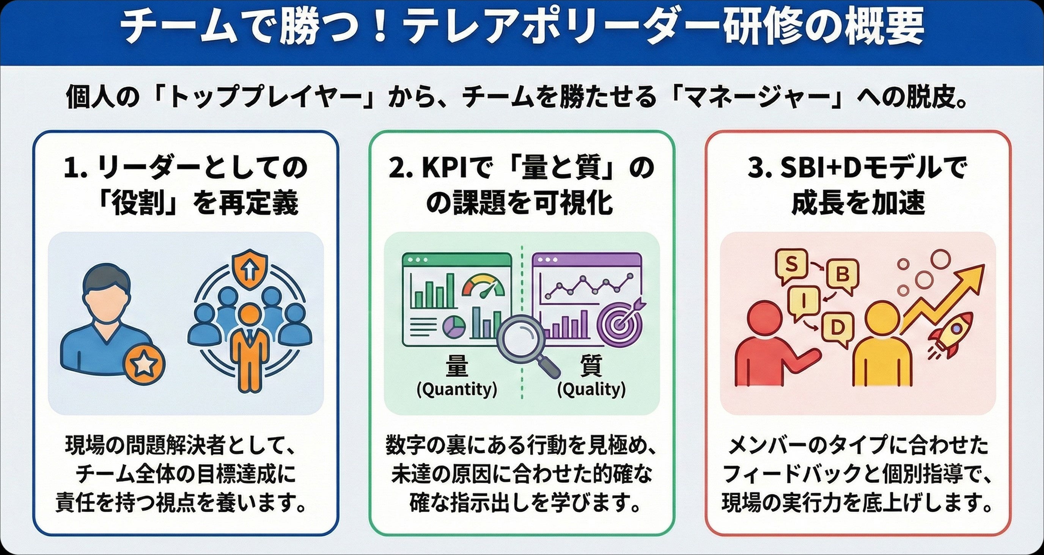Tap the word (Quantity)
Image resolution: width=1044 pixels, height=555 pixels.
click(x=457, y=389)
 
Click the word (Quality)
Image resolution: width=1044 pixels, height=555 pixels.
click(x=591, y=389)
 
